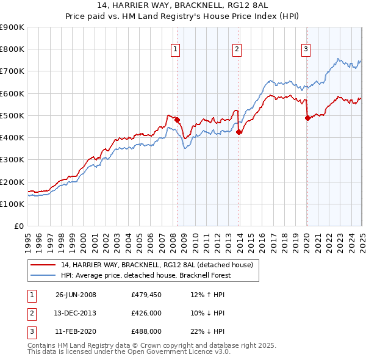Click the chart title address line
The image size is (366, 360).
[182, 7]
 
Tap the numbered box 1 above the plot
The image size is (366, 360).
[175, 50]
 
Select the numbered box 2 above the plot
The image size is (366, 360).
[236, 50]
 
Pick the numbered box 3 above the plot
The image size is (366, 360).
[306, 50]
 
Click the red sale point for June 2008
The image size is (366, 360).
[178, 120]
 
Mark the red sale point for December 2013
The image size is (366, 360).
[239, 132]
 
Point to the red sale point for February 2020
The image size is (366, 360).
[307, 118]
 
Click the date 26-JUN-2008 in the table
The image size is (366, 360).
[76, 295]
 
